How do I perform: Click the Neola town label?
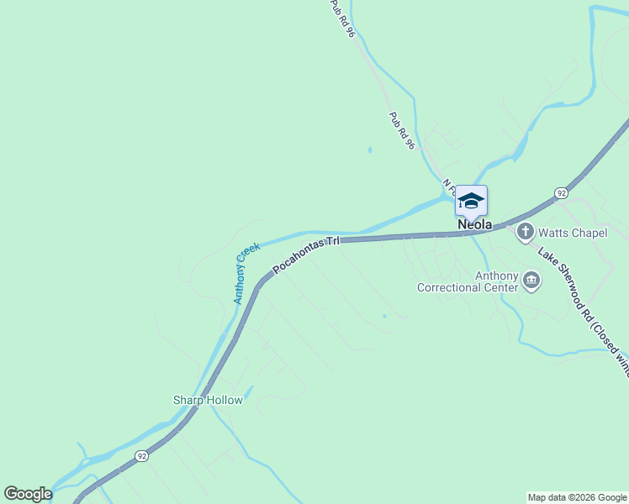pyautogui.click(x=475, y=225)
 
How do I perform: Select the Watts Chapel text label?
pyautogui.click(x=572, y=233)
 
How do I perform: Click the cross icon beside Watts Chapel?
pyautogui.click(x=526, y=231)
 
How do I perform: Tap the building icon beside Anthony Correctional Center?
pyautogui.click(x=531, y=281)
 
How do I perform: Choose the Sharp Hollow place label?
pyautogui.click(x=208, y=400)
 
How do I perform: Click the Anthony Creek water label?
pyautogui.click(x=246, y=272)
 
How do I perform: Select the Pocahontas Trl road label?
pyautogui.click(x=305, y=254)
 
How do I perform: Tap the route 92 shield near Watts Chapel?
pyautogui.click(x=561, y=192)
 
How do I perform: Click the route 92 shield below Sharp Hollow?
pyautogui.click(x=140, y=455)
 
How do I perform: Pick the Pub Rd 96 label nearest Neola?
pyautogui.click(x=402, y=131)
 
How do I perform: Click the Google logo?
pyautogui.click(x=28, y=494)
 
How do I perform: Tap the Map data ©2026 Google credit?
pyautogui.click(x=577, y=497)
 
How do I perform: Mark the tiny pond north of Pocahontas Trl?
pyautogui.click(x=369, y=150)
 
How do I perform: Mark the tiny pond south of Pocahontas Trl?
pyautogui.click(x=384, y=317)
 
